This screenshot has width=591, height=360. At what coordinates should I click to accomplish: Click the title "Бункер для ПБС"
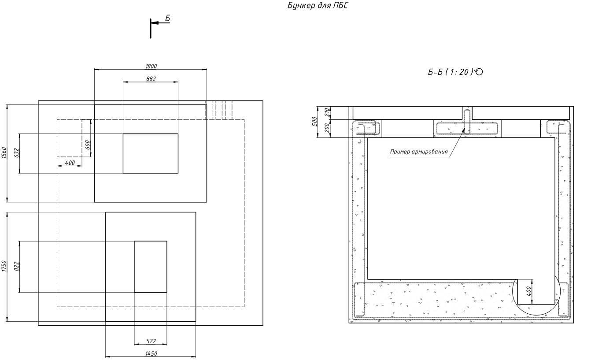coord(318,5)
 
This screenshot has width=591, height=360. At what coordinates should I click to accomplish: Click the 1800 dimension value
coord(151,66)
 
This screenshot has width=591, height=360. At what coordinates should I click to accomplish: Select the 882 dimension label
coord(151,79)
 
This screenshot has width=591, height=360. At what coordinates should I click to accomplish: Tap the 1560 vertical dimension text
coord(4,153)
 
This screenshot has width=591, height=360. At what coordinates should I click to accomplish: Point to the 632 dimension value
coord(17,153)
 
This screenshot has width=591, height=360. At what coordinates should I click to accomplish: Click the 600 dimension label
coord(87,145)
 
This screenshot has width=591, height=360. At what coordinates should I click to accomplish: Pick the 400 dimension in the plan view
coord(70,163)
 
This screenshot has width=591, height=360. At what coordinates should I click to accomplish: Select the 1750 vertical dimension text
coord(4,266)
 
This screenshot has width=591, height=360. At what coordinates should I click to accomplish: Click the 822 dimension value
coord(17,266)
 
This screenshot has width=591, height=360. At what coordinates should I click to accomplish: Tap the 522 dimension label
coord(151,341)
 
